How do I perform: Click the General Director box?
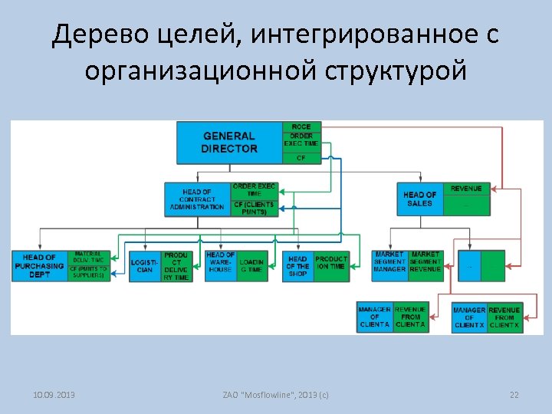point(229,143)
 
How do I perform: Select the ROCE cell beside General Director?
point(301,127)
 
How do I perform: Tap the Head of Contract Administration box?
point(197,199)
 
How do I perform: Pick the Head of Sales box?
point(419,199)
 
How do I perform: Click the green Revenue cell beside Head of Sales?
point(466,189)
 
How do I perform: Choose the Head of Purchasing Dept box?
point(39,266)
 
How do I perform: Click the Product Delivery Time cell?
point(176,266)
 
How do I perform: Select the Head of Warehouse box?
point(220,266)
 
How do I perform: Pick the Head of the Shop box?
point(297,266)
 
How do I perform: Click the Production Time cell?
point(331,266)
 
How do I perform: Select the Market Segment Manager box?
point(389,261)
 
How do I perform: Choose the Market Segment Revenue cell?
point(426,261)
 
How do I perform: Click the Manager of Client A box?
point(375,317)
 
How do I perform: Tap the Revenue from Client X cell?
point(505,317)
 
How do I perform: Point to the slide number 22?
point(514,395)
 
